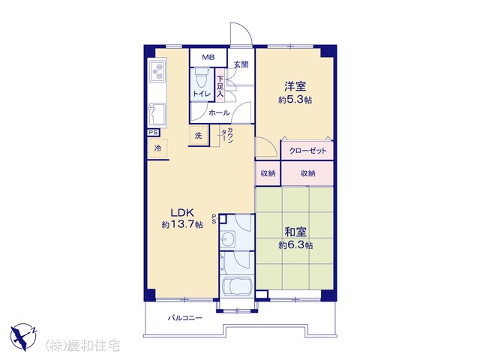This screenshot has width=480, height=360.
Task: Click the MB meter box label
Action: coord(208,57)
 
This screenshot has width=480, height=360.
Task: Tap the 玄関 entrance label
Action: coord(241,64)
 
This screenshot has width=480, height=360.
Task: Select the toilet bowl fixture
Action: coord(201,76)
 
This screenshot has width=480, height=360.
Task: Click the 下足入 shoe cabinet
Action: coord(220,87)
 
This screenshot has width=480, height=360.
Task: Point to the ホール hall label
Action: coord(219,113)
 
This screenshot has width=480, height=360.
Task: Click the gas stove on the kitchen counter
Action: coord(157,70)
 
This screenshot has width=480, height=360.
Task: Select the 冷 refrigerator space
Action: coord(158,148)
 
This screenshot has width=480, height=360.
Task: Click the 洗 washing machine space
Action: coord(199,135)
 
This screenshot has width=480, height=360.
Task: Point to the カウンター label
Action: coord(228,135)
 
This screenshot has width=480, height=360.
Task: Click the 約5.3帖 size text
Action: coord(295,100)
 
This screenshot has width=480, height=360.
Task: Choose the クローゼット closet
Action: coord(307,150)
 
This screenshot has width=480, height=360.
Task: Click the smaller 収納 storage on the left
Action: coord(268,173)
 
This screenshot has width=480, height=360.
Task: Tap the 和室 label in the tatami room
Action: coord(295,232)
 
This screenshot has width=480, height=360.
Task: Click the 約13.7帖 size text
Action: coord(182,225)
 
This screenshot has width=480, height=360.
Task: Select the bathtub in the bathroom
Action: coord(237,286)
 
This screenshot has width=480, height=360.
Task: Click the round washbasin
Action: coord(226,239)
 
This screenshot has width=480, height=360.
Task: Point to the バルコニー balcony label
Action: coord(185,318)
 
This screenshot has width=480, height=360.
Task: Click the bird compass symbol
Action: coord(23,337)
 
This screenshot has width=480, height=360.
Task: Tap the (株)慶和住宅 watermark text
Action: coord(82,346)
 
